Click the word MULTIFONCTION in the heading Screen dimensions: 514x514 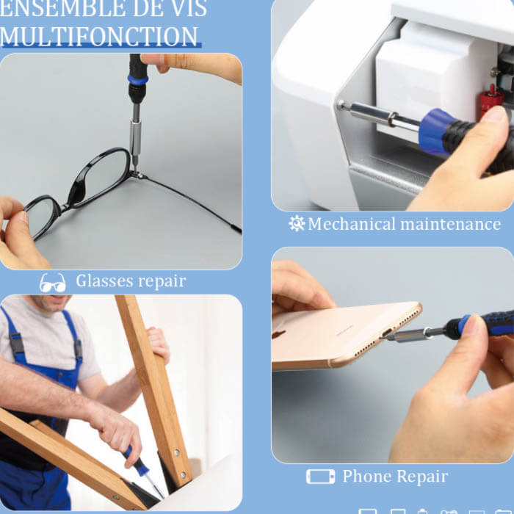(98, 36)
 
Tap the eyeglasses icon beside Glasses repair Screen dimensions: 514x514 (52, 283)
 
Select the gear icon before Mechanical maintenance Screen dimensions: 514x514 (297, 223)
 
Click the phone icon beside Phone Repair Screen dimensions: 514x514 (321, 477)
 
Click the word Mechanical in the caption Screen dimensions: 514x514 (352, 224)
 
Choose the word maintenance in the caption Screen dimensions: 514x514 (451, 225)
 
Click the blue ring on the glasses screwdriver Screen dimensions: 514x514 (138, 79)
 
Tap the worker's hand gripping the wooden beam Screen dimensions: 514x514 (159, 345)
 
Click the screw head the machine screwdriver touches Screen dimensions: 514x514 (341, 104)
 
